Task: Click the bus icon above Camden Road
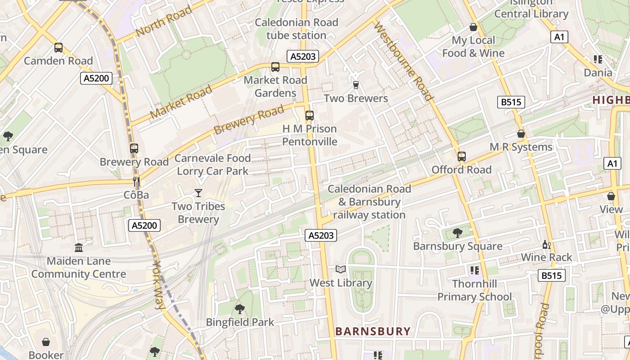58,48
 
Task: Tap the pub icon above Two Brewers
355,85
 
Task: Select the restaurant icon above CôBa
136,182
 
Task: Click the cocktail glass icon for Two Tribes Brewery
198,193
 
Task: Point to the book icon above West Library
341,270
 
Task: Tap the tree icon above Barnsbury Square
458,233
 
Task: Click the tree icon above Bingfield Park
239,309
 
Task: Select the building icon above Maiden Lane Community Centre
79,247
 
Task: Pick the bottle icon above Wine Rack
546,244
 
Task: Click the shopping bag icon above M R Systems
521,134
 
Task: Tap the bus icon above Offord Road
461,157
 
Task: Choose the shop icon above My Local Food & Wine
473,27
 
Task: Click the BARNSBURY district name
373,332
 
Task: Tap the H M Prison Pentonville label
310,135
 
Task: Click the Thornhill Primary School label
475,290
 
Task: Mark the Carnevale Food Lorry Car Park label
212,165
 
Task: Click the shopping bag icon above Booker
45,342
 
